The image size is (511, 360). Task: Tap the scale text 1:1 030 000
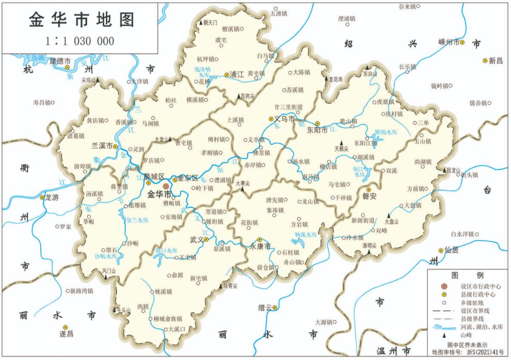click(x=80, y=41)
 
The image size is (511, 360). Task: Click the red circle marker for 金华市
click(x=166, y=186)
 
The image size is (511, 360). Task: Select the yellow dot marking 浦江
click(x=227, y=74)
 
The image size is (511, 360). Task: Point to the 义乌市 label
click(x=285, y=119)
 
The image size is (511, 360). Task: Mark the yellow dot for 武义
click(x=206, y=240)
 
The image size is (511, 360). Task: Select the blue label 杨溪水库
click(x=305, y=234)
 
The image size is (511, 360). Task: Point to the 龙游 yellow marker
click(x=42, y=197)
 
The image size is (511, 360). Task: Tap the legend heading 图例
click(x=467, y=274)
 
